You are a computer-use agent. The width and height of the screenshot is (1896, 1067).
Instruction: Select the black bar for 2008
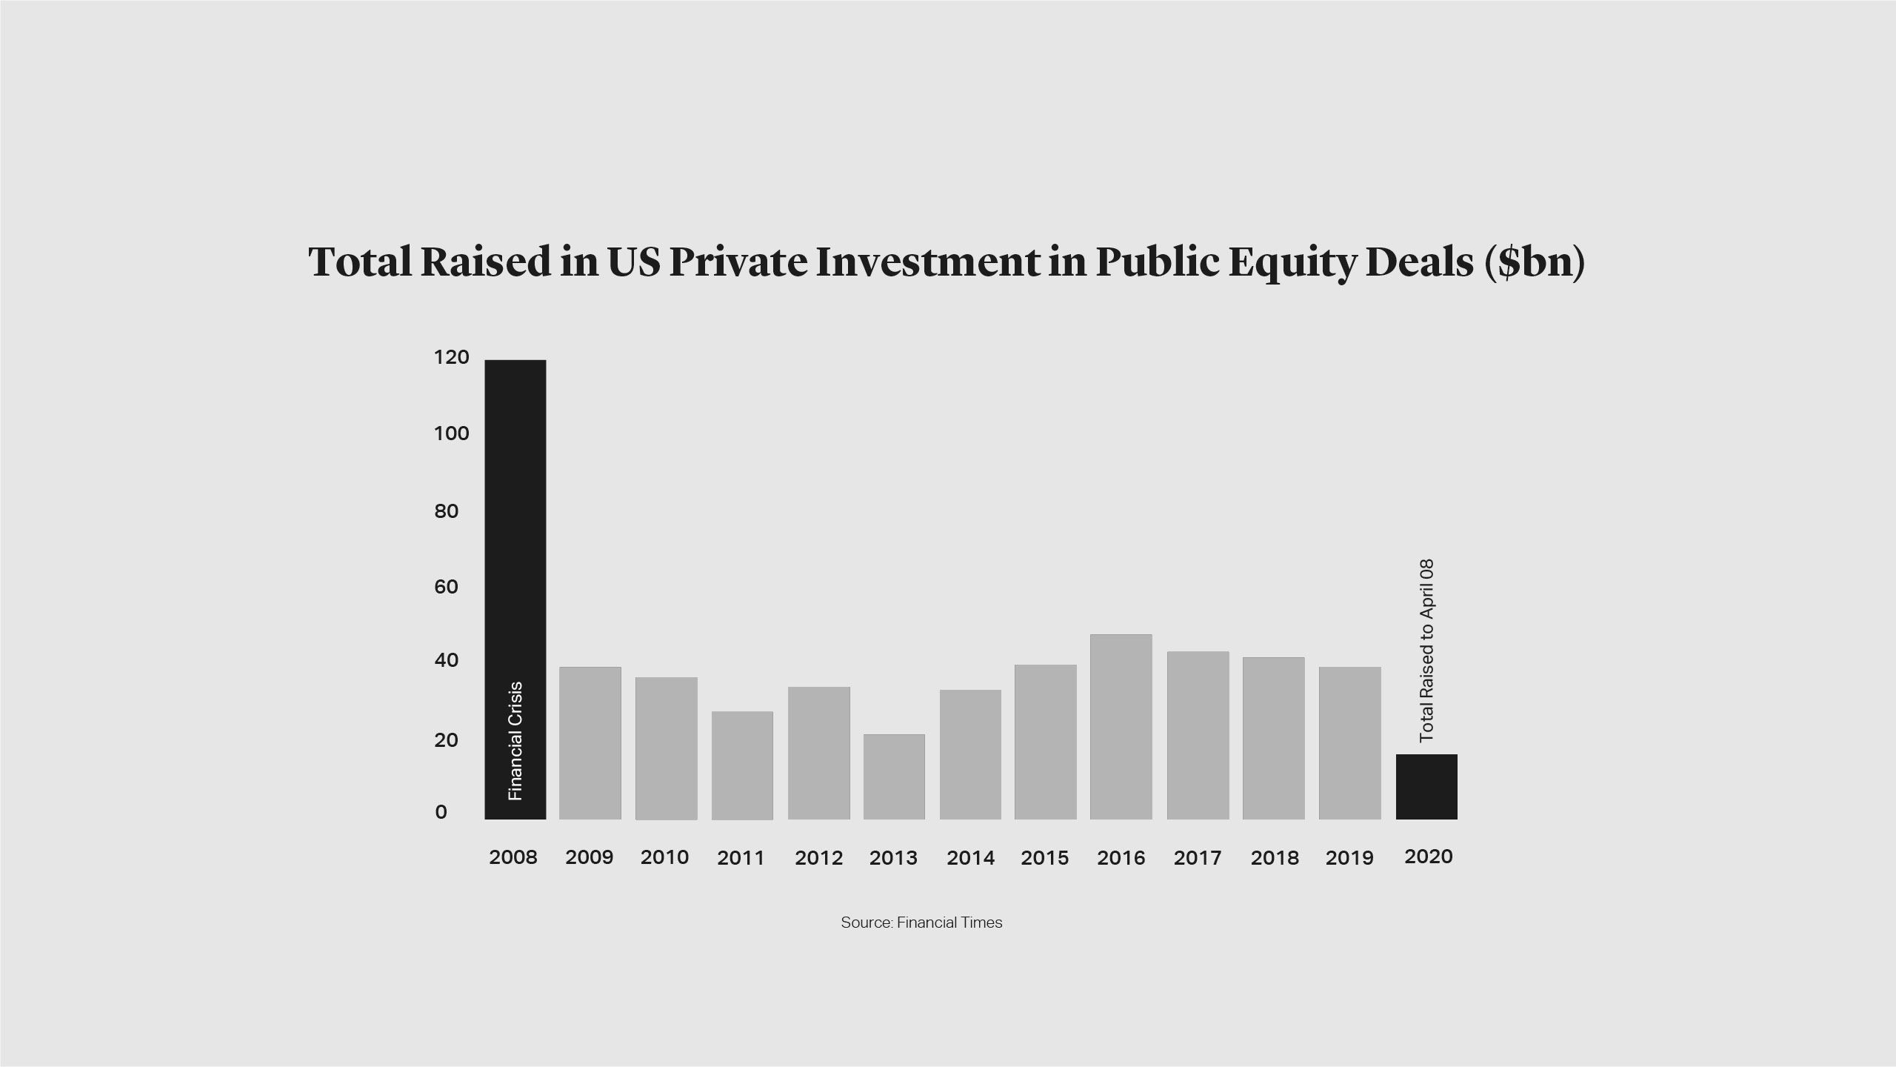515,519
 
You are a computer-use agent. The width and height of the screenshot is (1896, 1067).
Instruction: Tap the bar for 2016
1121,726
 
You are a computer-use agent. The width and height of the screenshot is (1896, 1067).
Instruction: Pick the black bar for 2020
1426,786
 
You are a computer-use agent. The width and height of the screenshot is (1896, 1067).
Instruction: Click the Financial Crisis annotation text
515,741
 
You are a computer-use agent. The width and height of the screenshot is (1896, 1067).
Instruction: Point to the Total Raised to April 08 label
1426,651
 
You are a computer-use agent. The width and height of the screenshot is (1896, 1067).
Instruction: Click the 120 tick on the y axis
451,358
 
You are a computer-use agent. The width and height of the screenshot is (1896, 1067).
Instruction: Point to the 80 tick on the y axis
446,511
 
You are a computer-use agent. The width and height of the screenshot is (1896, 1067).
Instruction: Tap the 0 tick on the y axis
441,813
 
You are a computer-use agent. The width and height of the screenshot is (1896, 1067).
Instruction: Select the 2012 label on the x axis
818,858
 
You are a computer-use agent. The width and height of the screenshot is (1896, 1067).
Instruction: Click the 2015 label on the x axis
1044,858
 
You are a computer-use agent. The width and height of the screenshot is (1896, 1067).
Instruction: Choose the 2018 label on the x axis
1274,858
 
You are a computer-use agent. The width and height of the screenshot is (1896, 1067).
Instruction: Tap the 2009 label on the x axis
589,857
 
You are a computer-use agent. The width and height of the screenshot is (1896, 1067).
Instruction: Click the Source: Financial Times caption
921,923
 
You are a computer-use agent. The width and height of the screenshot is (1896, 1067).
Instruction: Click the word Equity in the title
1292,262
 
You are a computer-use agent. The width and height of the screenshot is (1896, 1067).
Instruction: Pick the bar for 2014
970,754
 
